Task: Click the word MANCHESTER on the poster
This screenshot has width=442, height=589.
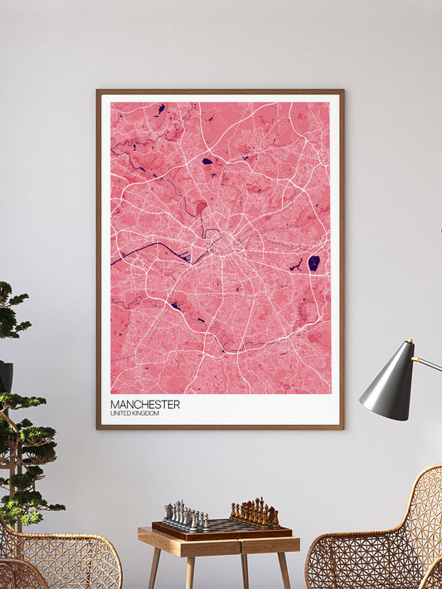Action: (144, 404)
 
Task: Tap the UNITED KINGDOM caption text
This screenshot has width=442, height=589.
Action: (134, 413)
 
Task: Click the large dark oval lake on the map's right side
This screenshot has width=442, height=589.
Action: (313, 263)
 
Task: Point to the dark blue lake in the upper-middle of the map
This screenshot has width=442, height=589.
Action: (207, 161)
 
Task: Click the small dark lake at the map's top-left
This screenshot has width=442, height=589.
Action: (161, 108)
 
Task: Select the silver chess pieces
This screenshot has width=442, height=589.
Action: (185, 515)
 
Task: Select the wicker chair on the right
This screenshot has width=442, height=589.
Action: (378, 539)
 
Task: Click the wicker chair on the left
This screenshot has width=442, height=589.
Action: (62, 560)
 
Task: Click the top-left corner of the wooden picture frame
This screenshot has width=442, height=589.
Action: (98, 91)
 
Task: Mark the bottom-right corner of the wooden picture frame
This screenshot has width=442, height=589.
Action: (342, 427)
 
